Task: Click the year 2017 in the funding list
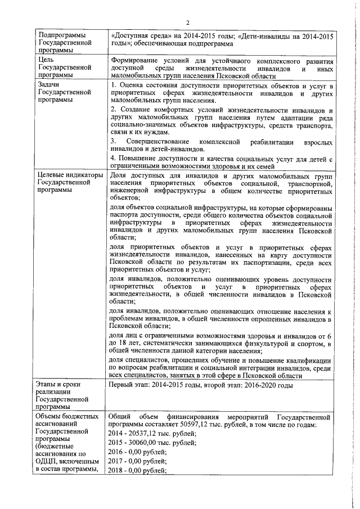[116, 461]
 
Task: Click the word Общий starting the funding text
[119, 416]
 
